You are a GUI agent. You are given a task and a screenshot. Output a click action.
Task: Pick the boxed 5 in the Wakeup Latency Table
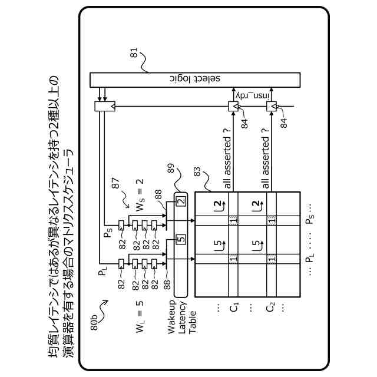tap(181, 240)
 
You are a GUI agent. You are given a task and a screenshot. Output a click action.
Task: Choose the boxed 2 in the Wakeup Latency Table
tap(181, 201)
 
